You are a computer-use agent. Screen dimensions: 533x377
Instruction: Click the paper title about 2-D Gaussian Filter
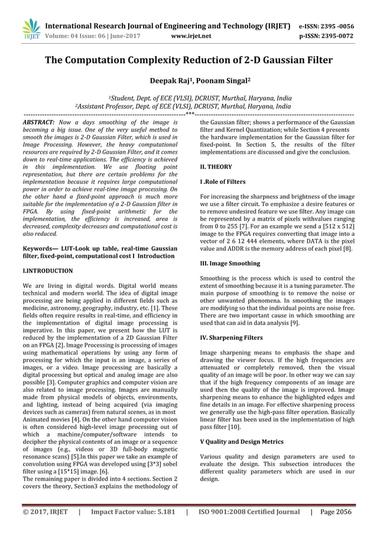tap(188, 60)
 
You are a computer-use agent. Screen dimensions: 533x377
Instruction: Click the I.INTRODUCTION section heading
tap(47, 271)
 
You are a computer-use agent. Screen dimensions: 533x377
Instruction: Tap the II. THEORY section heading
tap(216, 167)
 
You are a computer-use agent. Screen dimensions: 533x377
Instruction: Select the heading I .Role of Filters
tap(223, 182)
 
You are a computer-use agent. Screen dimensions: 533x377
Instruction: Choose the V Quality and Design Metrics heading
tap(242, 441)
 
